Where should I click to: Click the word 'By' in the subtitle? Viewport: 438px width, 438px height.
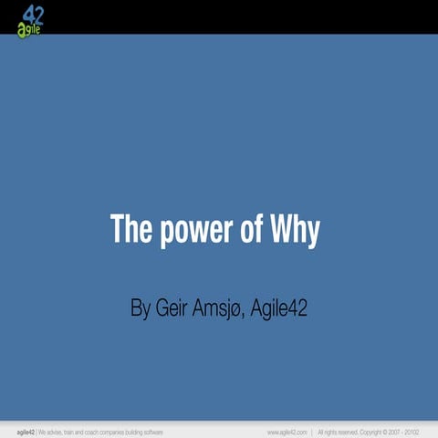[141, 308]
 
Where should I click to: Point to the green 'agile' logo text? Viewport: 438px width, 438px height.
[28, 28]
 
